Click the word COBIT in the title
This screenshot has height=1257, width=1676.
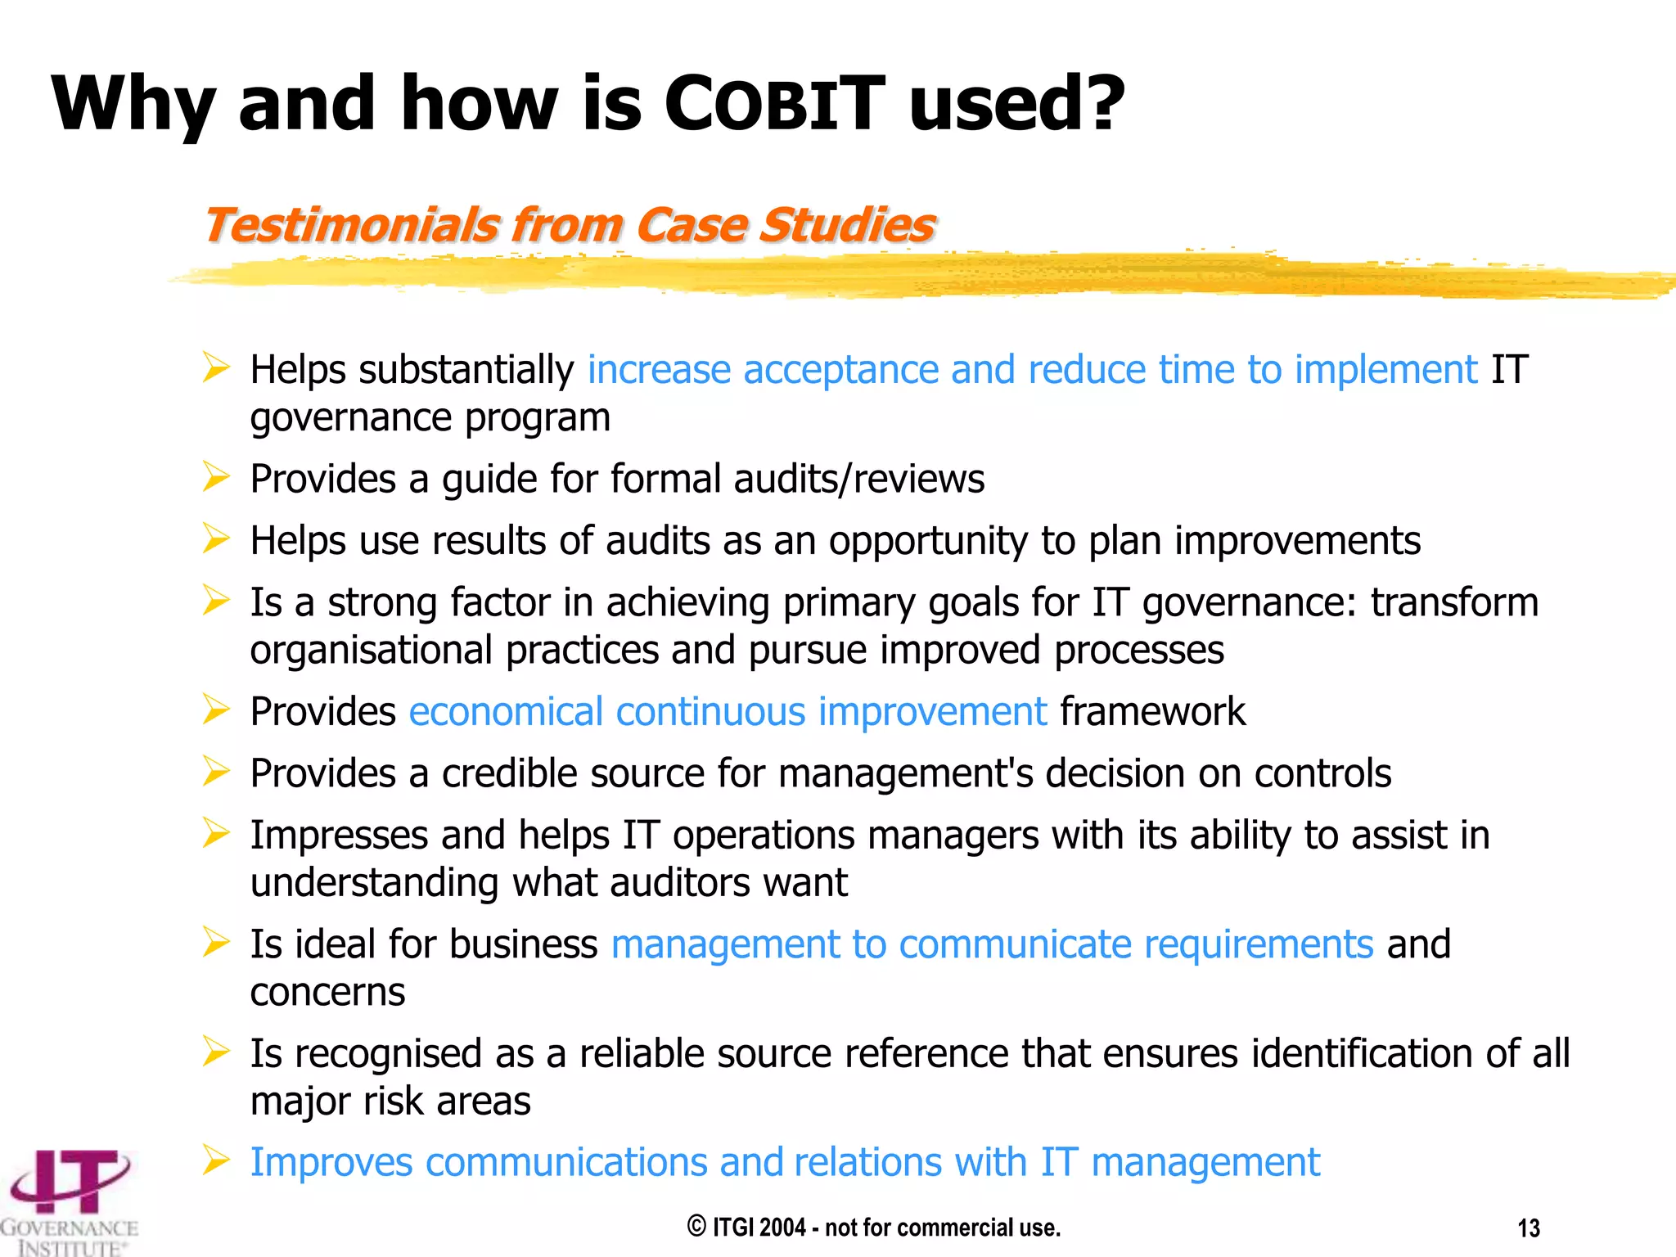pyautogui.click(x=774, y=105)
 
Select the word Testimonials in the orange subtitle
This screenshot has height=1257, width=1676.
pyautogui.click(x=350, y=225)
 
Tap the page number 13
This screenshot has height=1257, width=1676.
pyautogui.click(x=1529, y=1228)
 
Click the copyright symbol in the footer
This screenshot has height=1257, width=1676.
pyautogui.click(x=696, y=1226)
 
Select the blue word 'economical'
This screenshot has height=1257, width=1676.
pyautogui.click(x=506, y=711)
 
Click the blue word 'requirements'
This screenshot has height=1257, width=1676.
pyautogui.click(x=1258, y=944)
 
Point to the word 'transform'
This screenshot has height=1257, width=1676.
pyautogui.click(x=1454, y=602)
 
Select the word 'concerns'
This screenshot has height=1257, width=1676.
pyautogui.click(x=327, y=993)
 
